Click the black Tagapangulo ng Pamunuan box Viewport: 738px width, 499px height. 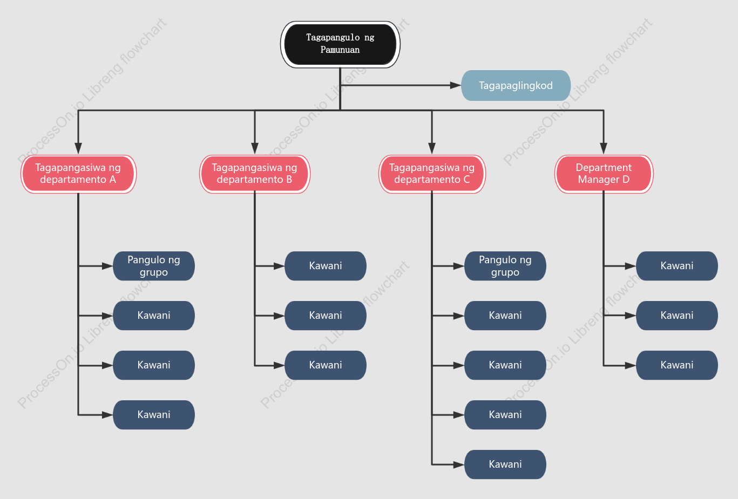340,44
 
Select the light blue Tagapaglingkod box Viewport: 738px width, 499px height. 516,86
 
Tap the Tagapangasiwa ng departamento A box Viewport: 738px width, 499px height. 78,174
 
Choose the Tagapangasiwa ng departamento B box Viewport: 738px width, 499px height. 255,174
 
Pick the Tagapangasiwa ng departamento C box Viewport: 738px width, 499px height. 432,174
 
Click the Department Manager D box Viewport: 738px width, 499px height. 604,174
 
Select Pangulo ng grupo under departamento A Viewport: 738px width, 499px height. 154,266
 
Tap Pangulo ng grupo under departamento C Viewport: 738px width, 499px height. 505,266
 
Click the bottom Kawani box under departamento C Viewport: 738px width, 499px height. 505,464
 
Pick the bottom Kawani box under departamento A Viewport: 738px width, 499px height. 154,415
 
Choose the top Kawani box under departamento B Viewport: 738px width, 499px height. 326,266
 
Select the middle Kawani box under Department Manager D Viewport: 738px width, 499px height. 676,316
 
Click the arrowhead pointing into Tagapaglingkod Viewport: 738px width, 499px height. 456,86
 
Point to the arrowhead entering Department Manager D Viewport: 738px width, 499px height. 604,148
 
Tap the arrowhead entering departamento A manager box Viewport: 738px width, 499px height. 78,148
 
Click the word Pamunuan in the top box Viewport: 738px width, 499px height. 340,50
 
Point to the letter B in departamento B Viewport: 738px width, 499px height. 289,180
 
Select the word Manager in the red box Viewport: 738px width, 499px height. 599,180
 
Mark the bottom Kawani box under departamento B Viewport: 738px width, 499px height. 326,365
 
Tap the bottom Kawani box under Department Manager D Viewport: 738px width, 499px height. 676,365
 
